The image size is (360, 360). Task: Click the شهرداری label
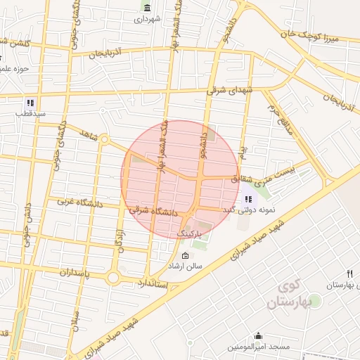[148, 19]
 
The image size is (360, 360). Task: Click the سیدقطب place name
[31, 112]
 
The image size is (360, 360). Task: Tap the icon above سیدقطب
[30, 101]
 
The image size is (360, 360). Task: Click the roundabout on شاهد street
[104, 140]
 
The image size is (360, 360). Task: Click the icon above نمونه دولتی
[248, 199]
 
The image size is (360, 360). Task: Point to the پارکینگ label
[188, 232]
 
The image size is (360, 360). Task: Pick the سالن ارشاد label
[184, 266]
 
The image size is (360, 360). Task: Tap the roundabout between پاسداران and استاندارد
[115, 270]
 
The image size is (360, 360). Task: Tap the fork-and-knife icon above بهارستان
[348, 274]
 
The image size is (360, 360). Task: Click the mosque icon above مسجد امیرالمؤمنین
[259, 336]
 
